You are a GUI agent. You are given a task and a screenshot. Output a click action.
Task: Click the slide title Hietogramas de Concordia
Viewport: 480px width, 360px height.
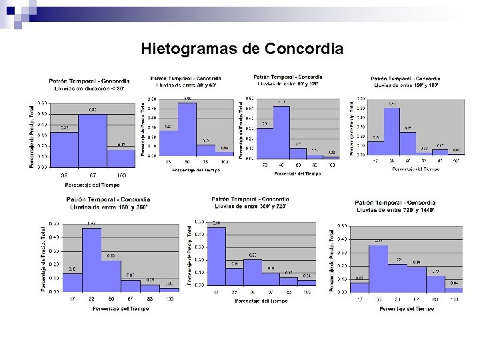[242, 49]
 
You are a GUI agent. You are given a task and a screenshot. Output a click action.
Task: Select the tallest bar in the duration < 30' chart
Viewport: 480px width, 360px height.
[92, 141]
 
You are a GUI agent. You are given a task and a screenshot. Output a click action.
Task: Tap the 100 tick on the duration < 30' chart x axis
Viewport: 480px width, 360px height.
[121, 175]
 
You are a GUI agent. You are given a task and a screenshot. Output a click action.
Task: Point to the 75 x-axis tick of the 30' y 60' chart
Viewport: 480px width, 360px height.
[206, 161]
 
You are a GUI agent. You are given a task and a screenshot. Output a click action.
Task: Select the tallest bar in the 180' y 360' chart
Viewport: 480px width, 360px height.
[91, 260]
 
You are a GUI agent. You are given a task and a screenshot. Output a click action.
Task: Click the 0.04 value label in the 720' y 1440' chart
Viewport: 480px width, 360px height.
[454, 283]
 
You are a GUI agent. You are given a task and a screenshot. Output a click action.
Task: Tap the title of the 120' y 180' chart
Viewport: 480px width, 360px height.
[405, 81]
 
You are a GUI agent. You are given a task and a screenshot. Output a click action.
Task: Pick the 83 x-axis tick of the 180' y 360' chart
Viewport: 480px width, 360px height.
[150, 299]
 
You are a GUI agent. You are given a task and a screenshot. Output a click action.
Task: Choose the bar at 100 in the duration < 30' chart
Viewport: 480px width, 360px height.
[121, 159]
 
